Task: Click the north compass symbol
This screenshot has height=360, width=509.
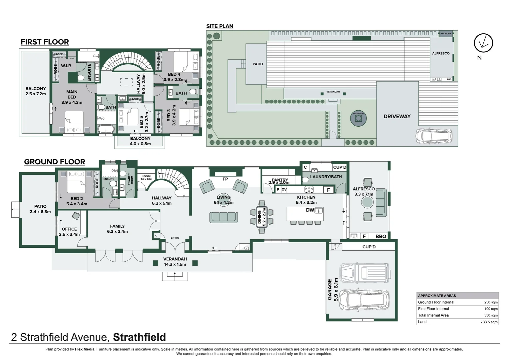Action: [483, 43]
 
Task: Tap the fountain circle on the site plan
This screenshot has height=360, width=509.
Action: [358, 119]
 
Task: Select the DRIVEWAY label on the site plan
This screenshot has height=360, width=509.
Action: [397, 116]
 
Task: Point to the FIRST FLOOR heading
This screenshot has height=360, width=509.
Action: [45, 42]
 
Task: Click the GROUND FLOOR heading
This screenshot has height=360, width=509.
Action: [55, 162]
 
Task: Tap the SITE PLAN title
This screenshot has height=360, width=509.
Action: [220, 26]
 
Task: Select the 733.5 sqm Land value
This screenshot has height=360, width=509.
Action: [489, 322]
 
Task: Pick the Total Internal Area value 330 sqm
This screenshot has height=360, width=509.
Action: [491, 315]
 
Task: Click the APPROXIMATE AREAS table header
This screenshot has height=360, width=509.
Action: [437, 296]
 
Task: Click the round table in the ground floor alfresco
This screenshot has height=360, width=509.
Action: [367, 202]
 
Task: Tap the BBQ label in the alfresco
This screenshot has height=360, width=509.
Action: [381, 236]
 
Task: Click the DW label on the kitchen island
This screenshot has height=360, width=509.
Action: [310, 210]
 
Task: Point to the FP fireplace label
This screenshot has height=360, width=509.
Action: [225, 179]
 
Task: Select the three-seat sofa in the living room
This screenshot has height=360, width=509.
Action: [224, 217]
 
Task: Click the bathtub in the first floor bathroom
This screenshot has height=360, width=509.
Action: [106, 129]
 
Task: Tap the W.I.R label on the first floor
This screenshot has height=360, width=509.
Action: [66, 66]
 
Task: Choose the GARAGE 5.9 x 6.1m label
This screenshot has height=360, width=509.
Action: [332, 289]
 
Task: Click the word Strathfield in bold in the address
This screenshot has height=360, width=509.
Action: [139, 337]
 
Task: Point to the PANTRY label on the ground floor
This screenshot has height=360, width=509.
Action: [279, 180]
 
